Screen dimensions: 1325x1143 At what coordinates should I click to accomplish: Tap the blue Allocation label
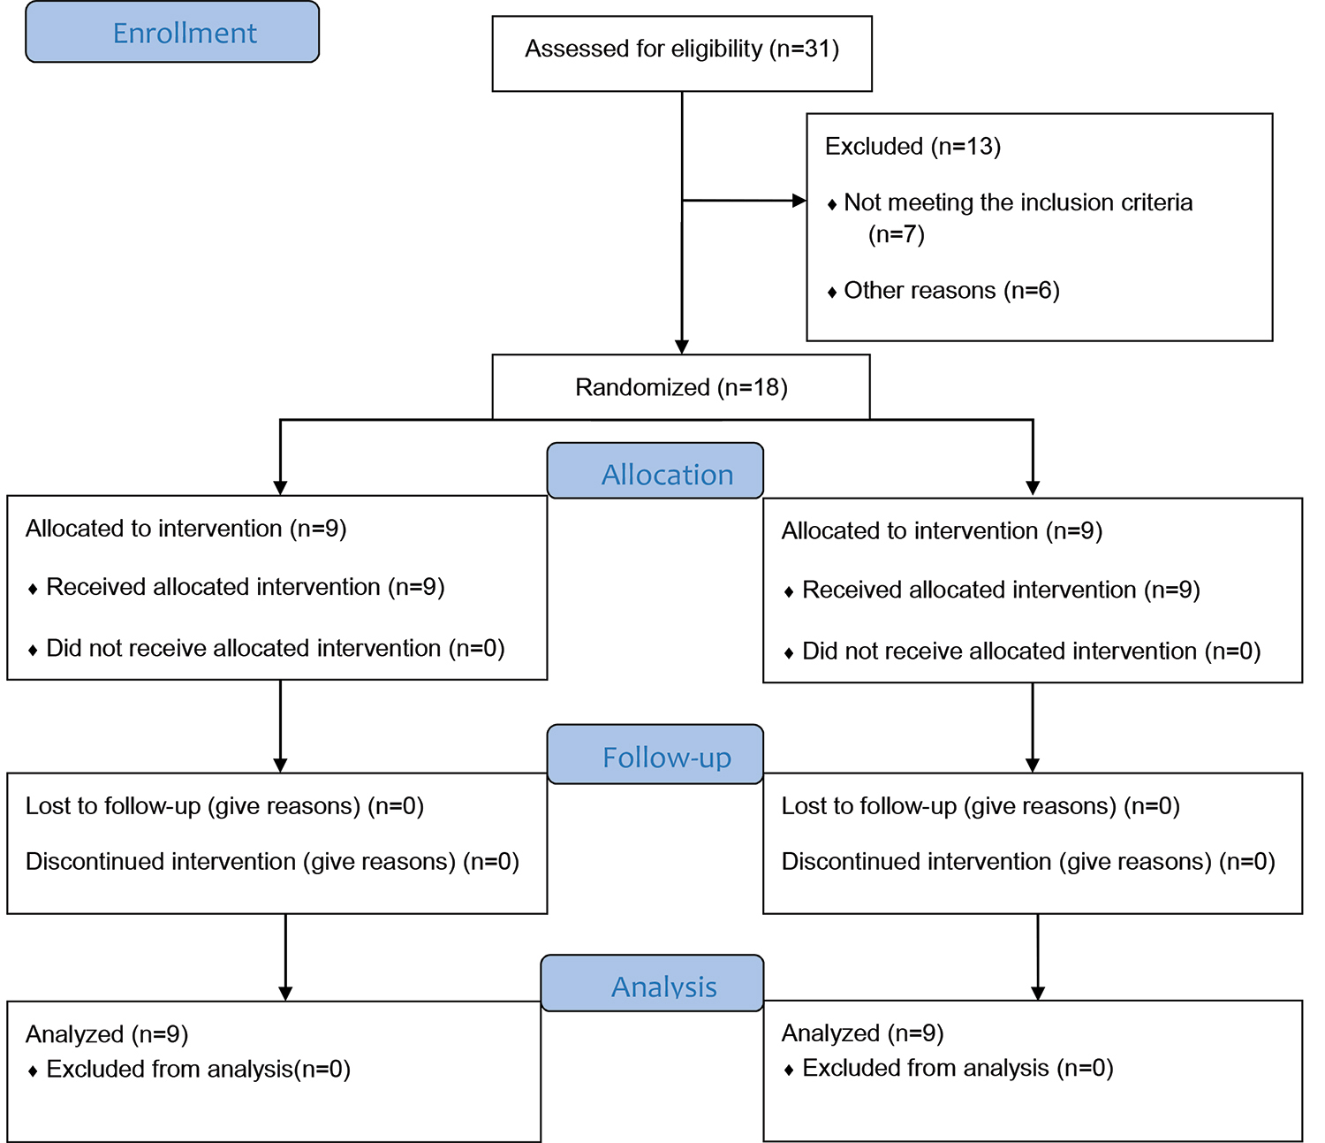(x=667, y=476)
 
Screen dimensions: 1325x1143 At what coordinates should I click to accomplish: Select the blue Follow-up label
(x=667, y=758)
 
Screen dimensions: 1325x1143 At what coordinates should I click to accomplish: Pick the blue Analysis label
(x=664, y=987)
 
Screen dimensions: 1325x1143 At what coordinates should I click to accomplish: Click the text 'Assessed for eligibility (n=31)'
(x=682, y=49)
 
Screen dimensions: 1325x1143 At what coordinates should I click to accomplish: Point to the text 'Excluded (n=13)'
(x=912, y=147)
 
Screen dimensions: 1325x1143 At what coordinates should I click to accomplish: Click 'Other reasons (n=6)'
(x=952, y=291)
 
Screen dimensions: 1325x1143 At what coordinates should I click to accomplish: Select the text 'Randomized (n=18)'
(x=681, y=387)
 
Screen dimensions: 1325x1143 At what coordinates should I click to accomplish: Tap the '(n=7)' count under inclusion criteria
(x=897, y=234)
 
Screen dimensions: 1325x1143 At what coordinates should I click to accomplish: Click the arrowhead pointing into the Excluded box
(x=799, y=201)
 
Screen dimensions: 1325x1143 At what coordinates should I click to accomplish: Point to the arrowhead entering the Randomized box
(x=682, y=347)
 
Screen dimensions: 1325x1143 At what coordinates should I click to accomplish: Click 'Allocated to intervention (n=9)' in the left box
(x=185, y=530)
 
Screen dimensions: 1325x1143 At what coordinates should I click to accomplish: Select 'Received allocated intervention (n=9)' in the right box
(x=1002, y=591)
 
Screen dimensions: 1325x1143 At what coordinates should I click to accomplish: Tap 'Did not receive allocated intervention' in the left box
(x=244, y=649)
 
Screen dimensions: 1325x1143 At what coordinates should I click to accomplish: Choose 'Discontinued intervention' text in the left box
(x=161, y=862)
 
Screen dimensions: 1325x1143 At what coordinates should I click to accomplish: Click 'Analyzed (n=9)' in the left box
(x=107, y=1034)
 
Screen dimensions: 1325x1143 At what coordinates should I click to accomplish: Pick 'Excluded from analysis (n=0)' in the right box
(x=958, y=1068)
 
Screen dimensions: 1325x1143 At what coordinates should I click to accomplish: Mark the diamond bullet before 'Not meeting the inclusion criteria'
(x=832, y=205)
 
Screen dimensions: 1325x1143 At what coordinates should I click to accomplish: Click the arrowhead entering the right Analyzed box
(x=1038, y=993)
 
